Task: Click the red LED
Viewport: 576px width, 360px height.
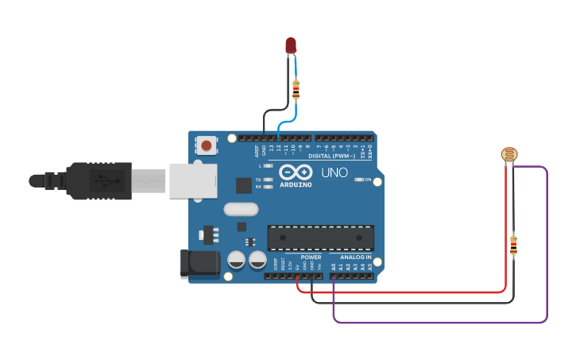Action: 292,45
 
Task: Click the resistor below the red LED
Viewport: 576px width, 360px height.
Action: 296,90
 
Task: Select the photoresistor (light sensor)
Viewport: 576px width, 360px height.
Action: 508,155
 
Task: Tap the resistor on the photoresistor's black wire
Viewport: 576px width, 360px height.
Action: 513,246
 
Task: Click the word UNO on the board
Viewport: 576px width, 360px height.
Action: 334,172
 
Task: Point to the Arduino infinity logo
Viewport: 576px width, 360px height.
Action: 295,172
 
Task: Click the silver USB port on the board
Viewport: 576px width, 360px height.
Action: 192,180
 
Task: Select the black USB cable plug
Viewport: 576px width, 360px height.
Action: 99,180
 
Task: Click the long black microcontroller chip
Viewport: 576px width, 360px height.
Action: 320,238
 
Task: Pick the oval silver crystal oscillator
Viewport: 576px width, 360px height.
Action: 241,210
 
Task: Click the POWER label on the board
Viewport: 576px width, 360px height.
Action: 311,257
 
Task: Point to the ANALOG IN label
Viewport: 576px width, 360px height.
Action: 355,257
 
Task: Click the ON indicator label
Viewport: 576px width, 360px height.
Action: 367,180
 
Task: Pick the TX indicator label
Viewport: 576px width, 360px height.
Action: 259,180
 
